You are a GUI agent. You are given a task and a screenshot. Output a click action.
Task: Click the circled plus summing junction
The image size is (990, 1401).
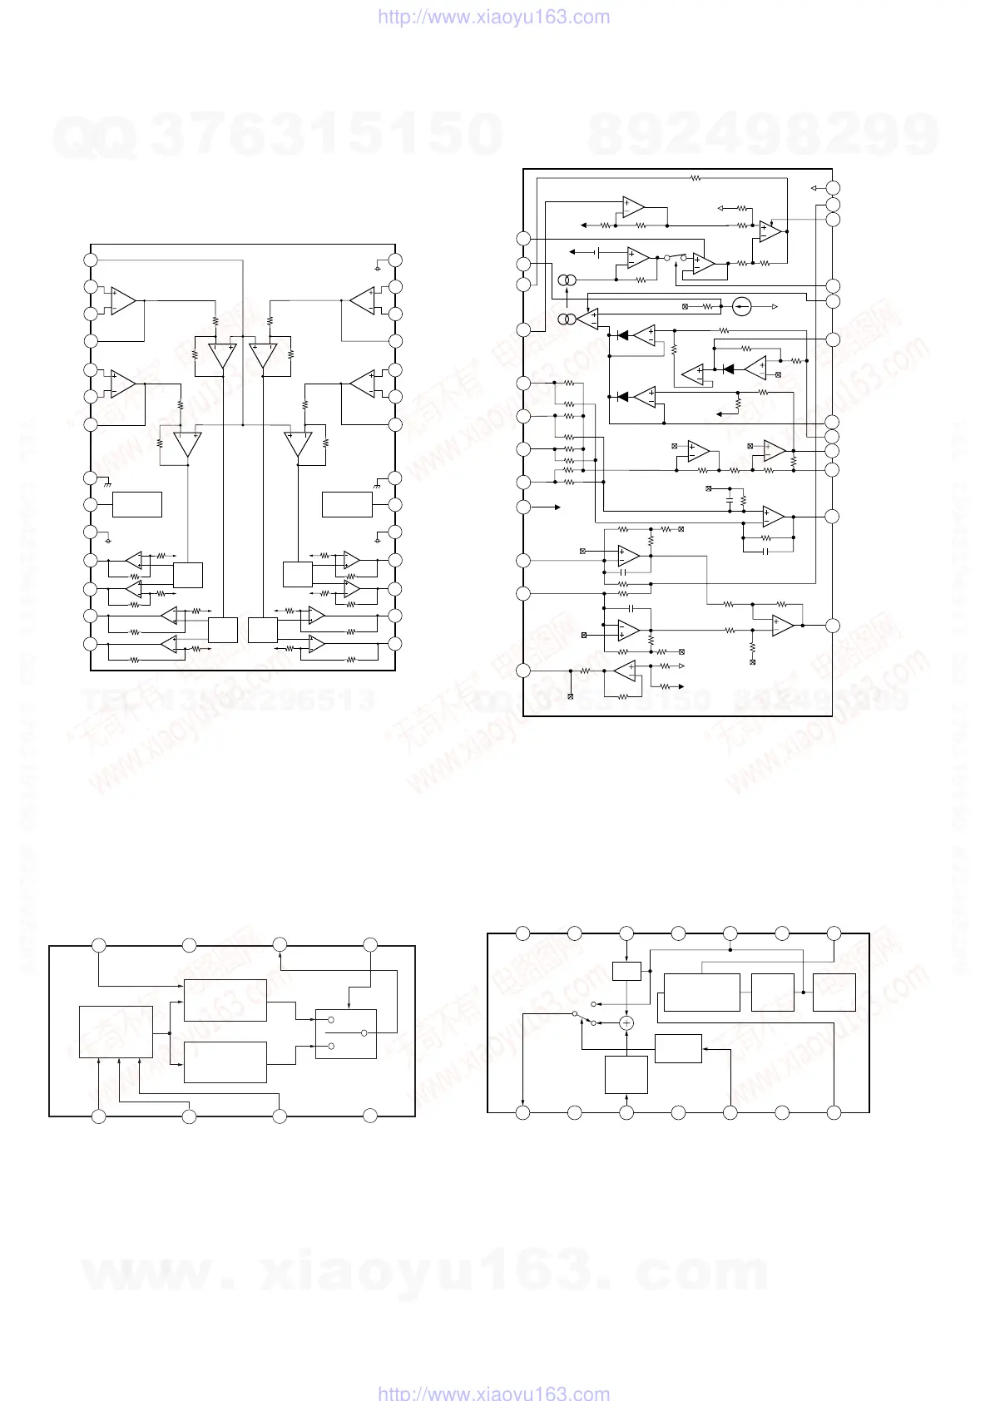[627, 1022]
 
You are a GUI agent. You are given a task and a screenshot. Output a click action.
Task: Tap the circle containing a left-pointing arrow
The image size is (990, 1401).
[744, 307]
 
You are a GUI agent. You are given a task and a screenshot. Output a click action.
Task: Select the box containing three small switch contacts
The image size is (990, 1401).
[346, 1033]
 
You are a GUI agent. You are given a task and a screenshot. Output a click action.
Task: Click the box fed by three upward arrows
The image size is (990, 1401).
[116, 1032]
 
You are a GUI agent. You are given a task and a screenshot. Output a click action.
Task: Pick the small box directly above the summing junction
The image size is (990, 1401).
[626, 971]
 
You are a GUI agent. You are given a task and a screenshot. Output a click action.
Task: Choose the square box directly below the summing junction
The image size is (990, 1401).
[626, 1074]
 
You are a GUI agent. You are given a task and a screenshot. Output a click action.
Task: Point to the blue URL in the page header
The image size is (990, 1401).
[494, 17]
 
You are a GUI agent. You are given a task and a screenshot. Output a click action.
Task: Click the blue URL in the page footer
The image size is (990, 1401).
[494, 1393]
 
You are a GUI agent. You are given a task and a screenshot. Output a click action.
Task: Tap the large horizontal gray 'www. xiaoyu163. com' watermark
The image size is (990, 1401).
[424, 1273]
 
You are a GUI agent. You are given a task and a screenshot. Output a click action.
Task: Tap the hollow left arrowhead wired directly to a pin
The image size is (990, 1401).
[815, 188]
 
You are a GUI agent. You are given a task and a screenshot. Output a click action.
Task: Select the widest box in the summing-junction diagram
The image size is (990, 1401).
[701, 992]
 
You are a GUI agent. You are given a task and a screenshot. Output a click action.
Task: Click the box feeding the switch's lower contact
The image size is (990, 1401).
[225, 1062]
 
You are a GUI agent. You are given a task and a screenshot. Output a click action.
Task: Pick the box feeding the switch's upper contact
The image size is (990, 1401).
[225, 1000]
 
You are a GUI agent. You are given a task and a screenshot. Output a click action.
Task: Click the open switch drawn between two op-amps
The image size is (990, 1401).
[676, 257]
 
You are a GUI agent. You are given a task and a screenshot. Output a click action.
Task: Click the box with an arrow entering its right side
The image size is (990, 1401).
[678, 1048]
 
